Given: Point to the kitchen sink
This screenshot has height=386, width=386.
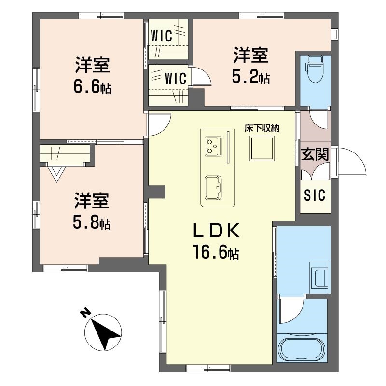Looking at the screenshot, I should click(213, 187).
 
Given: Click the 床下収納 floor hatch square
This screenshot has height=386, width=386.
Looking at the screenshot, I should click(262, 148).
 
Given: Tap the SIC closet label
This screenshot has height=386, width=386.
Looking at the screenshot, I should click(315, 195).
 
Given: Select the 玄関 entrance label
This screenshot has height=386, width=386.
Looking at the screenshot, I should click(315, 155).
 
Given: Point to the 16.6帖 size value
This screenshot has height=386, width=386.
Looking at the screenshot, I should click(216, 252).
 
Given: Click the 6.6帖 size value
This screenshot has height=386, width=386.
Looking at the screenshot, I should click(92, 87).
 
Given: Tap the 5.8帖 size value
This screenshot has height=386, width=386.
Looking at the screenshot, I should click(92, 222).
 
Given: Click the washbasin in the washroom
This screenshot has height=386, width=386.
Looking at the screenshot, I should click(320, 277).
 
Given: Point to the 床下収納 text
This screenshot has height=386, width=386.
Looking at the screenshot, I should click(262, 128).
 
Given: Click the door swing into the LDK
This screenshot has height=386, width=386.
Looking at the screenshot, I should click(159, 123).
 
